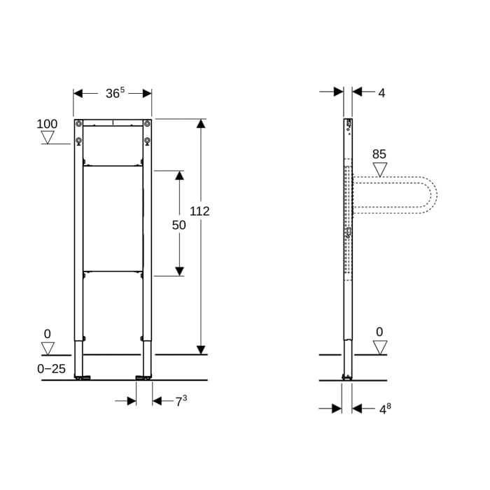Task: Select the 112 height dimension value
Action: [x=199, y=211]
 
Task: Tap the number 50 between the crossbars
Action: [x=179, y=225]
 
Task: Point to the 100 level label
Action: [x=47, y=124]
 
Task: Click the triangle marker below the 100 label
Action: [x=48, y=137]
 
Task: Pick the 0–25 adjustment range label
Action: [x=52, y=368]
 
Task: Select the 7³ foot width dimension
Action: [x=181, y=401]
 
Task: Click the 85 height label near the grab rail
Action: [x=379, y=154]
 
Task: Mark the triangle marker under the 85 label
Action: [x=379, y=169]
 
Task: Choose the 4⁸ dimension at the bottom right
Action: [x=384, y=409]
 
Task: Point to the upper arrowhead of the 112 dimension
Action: [x=201, y=125]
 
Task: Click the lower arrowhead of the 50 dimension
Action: [x=179, y=270]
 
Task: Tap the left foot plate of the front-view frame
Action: [x=83, y=378]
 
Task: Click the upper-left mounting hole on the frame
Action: [x=78, y=125]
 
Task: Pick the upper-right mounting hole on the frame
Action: [x=147, y=125]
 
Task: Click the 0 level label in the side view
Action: [x=379, y=332]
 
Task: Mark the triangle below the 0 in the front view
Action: [x=48, y=348]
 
